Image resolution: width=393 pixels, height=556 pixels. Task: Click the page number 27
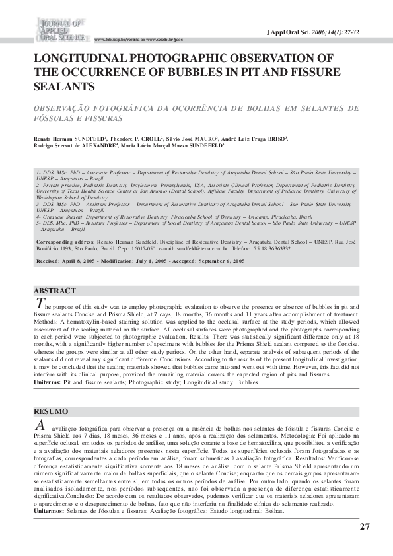[x=365, y=526]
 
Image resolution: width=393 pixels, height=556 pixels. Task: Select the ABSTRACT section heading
[x=54, y=291]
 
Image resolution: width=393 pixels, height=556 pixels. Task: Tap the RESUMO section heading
[x=51, y=411]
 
